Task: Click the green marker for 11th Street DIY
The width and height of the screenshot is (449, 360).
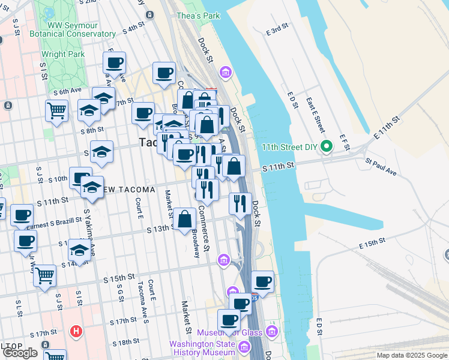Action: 327,146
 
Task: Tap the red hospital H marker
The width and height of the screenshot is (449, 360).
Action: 76,331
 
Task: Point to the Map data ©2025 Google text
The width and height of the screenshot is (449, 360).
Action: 412,355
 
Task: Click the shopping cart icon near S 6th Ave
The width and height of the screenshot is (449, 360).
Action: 56,110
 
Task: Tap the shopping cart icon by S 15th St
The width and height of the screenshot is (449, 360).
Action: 44,275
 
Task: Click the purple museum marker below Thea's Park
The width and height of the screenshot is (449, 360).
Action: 226,73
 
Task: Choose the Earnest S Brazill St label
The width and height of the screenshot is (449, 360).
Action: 54,222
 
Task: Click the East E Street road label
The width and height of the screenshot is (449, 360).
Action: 315,115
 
